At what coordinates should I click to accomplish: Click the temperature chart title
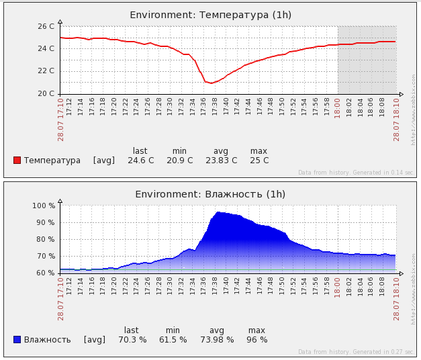[210, 15]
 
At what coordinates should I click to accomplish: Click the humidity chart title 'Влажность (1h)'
[210, 194]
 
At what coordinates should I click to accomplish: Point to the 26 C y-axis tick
[46, 26]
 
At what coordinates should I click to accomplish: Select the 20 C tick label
[46, 93]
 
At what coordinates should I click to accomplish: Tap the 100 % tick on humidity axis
[44, 206]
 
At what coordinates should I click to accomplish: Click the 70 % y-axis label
[46, 256]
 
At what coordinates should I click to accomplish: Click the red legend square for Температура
[17, 160]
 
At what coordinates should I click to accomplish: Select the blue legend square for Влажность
[17, 339]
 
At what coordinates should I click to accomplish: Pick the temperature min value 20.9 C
[179, 161]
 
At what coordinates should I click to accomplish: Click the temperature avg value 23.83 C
[221, 161]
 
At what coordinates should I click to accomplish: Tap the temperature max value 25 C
[259, 161]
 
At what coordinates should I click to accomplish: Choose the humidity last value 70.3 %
[132, 340]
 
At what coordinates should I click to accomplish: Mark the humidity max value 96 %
[256, 340]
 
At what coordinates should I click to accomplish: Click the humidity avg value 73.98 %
[217, 340]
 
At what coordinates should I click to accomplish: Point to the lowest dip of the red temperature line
[211, 83]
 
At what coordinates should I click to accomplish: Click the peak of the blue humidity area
[218, 212]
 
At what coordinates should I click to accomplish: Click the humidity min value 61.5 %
[173, 340]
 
